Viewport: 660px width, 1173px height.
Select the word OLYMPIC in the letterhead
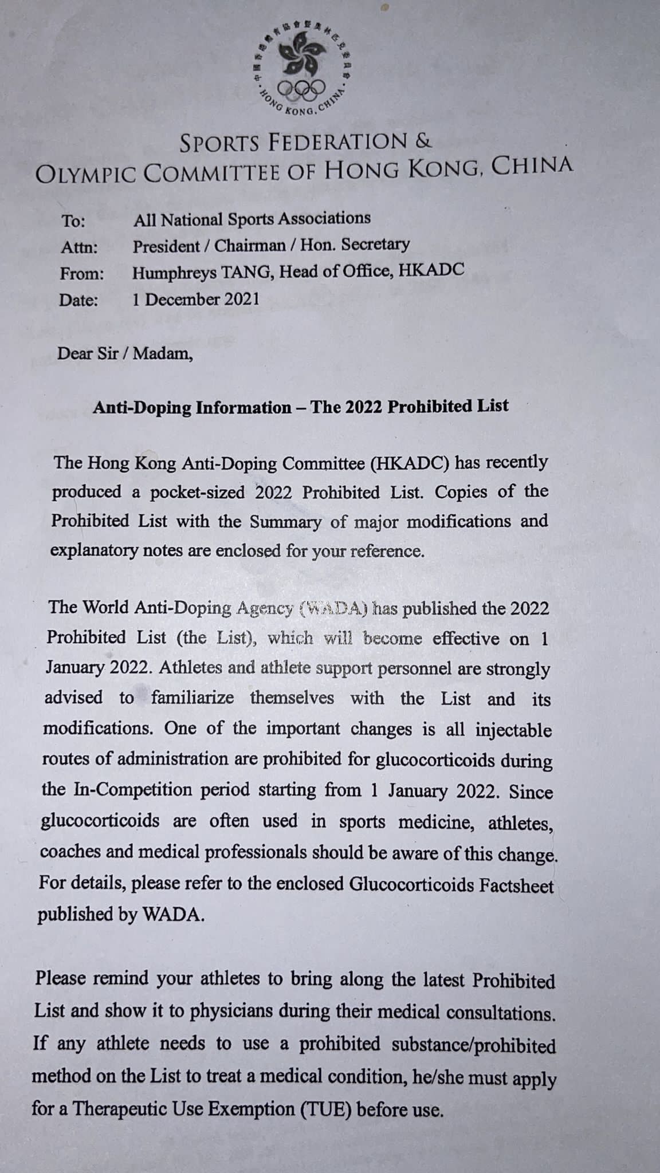click(x=84, y=174)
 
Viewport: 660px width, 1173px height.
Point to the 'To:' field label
click(x=73, y=222)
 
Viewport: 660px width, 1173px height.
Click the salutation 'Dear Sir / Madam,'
click(x=125, y=353)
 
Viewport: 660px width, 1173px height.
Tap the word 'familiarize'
click(x=192, y=698)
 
